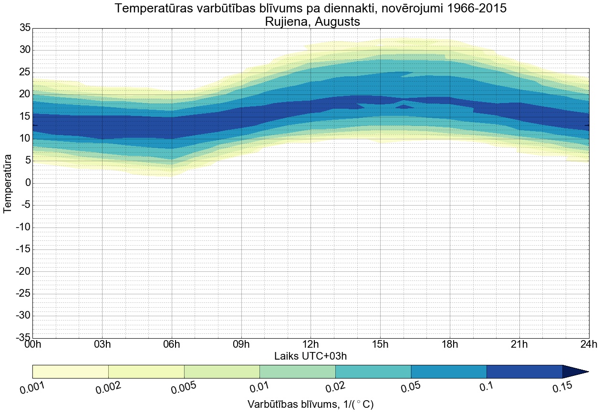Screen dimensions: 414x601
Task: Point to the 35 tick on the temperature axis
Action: pyautogui.click(x=25, y=28)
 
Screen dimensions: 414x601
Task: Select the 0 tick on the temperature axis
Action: pyautogui.click(x=28, y=183)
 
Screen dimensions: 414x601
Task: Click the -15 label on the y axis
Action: pyautogui.click(x=23, y=249)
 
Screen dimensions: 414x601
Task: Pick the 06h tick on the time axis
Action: pyautogui.click(x=172, y=344)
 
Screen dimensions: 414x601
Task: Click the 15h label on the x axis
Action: pyautogui.click(x=380, y=344)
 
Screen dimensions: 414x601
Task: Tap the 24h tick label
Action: pyautogui.click(x=589, y=344)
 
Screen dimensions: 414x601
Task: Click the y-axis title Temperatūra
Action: pyautogui.click(x=8, y=183)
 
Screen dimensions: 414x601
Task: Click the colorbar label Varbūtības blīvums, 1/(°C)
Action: pyautogui.click(x=311, y=404)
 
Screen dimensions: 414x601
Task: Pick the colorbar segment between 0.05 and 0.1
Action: pyautogui.click(x=449, y=372)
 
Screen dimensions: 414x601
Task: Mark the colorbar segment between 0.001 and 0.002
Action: pyautogui.click(x=71, y=372)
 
